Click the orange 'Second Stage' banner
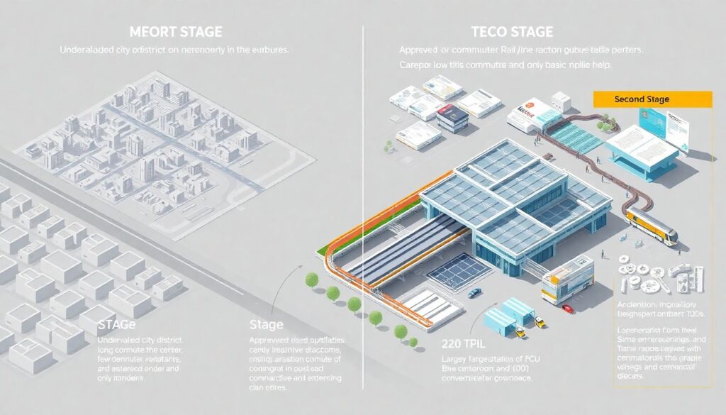click(651, 100)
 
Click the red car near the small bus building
click(567, 308)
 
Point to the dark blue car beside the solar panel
click(474, 292)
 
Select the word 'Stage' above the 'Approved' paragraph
click(267, 326)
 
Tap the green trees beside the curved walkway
click(603, 126)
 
